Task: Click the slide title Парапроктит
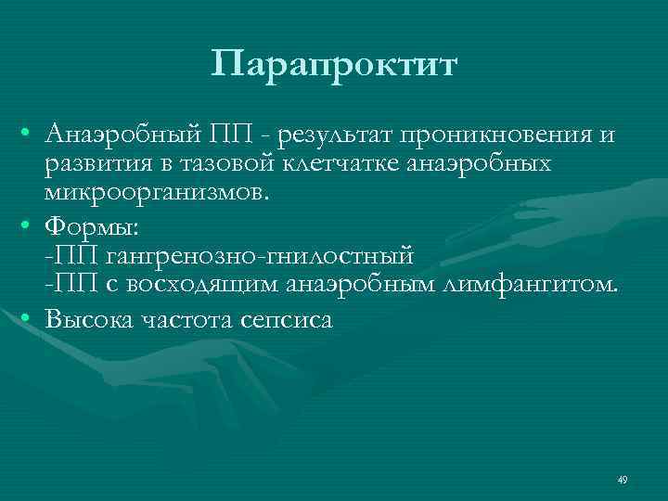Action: coord(334,65)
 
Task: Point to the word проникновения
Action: coord(497,136)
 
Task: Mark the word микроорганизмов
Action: coord(156,194)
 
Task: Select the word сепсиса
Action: coord(278,319)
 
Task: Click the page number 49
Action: coord(622,480)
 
